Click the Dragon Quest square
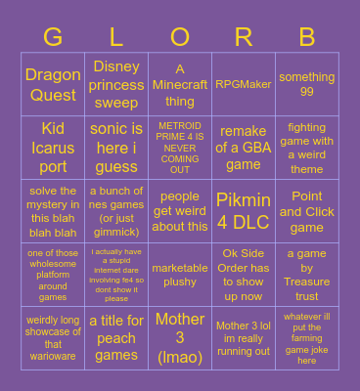click(53, 85)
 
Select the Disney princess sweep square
click(116, 85)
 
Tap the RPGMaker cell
click(244, 85)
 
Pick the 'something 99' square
click(307, 85)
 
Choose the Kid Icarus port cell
click(53, 148)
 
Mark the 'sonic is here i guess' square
click(116, 148)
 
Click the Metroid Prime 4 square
click(180, 148)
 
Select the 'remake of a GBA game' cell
click(244, 148)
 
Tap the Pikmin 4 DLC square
click(244, 211)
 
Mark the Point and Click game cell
click(307, 211)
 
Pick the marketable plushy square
click(180, 275)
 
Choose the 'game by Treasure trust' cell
click(307, 275)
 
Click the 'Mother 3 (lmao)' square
click(180, 337)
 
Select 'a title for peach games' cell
click(116, 337)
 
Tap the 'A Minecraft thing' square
click(180, 85)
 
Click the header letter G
click(53, 38)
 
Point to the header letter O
click(180, 38)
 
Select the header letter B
click(307, 38)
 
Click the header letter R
click(244, 38)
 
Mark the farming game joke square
click(307, 337)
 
